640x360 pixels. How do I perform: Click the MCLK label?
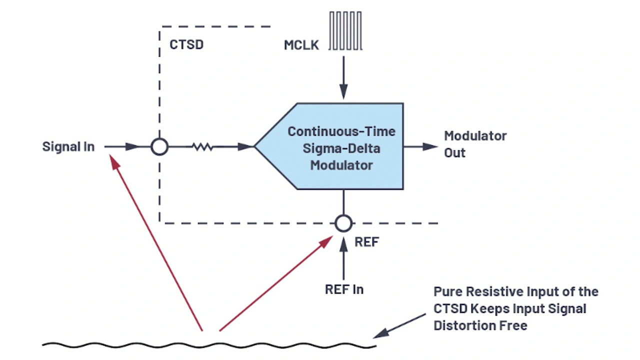point(301,45)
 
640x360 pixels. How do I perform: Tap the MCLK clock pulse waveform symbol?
point(345,31)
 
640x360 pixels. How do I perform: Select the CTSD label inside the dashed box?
point(186,44)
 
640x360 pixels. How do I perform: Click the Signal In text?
point(68,147)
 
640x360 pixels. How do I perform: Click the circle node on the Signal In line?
point(159,147)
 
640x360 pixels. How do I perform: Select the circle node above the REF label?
point(343,223)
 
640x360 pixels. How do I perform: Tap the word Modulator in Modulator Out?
point(475,136)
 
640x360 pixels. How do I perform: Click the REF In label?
point(344,289)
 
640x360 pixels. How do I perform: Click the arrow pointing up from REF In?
point(343,260)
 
